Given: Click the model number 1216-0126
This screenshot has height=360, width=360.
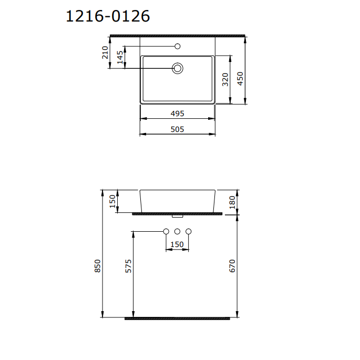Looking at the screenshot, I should tap(108, 16).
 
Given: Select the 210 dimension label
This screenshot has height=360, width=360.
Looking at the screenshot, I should tap(105, 53).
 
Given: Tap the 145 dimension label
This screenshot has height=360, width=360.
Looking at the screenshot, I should tap(120, 57).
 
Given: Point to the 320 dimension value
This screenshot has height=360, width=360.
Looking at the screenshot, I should tap(225, 79).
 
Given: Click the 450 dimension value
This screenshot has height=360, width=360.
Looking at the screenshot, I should tap(241, 78).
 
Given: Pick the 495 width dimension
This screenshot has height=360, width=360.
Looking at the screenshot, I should tap(177, 114).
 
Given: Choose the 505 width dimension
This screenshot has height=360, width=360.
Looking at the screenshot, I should tap(177, 129).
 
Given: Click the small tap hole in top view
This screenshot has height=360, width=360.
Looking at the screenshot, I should tap(178, 46).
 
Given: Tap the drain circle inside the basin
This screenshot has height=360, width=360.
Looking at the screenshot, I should tap(178, 68).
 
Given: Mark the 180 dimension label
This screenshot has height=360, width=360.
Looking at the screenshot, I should tap(232, 201).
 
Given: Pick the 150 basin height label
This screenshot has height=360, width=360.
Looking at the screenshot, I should tap(112, 201).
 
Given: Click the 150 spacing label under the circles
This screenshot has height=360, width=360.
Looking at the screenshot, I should tap(177, 244).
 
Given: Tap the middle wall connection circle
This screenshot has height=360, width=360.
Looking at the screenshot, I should tap(177, 231).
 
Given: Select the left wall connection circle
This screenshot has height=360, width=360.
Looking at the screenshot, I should tap(166, 231).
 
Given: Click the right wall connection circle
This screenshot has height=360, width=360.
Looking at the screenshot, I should tap(188, 231).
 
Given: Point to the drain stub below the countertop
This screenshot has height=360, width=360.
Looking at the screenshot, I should tap(177, 215).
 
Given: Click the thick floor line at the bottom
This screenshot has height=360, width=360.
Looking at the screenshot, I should tap(177, 318).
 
